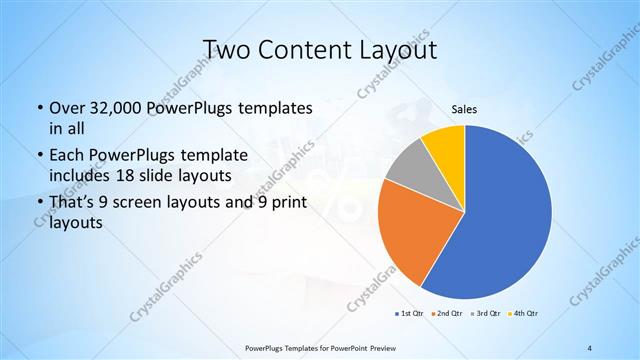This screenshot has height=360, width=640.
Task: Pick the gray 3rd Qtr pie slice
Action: [408, 165]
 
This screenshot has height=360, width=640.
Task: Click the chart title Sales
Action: [464, 111]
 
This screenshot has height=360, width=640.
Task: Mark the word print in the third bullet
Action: [287, 204]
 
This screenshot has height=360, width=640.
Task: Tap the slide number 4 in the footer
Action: [590, 347]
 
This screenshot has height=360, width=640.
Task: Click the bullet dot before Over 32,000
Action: [39, 108]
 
